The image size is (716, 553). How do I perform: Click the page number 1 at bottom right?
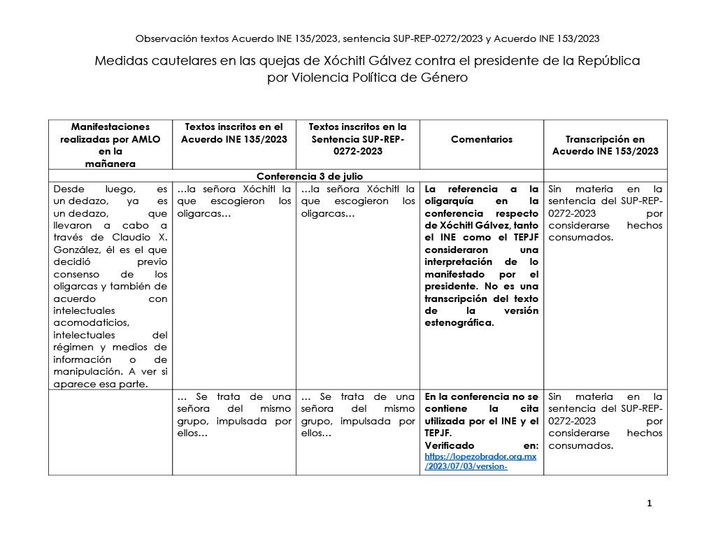click(649, 503)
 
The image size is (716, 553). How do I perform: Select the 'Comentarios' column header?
click(481, 139)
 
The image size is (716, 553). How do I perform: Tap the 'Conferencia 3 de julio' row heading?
click(309, 175)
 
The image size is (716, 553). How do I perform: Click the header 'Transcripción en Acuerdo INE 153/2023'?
click(605, 145)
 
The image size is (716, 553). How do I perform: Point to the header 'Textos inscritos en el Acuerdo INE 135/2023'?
click(234, 133)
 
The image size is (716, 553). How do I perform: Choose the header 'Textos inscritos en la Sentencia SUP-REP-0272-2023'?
click(357, 138)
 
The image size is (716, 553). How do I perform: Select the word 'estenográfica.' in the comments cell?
click(459, 322)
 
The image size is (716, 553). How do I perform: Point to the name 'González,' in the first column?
click(78, 250)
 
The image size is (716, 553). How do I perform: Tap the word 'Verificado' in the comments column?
click(450, 445)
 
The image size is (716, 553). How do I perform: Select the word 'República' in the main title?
click(608, 61)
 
